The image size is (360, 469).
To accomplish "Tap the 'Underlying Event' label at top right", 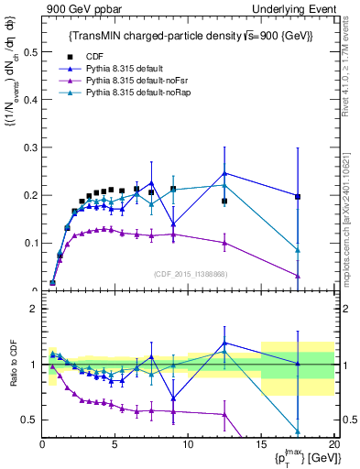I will [x=294, y=8].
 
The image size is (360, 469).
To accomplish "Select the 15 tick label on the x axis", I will [x=261, y=444].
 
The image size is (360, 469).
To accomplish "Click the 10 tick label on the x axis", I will [x=188, y=444].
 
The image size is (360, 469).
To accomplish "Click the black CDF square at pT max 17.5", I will [x=298, y=196].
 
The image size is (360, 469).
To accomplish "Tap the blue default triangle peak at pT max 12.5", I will [x=224, y=173].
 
